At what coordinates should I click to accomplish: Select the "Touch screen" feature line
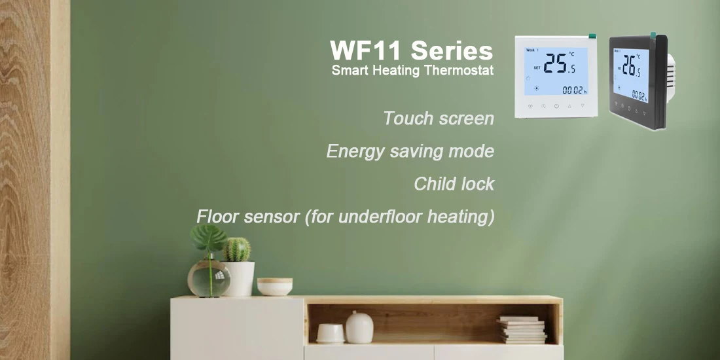point(439,118)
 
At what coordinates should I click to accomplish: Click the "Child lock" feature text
point(454,184)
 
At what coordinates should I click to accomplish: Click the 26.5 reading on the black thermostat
point(632,66)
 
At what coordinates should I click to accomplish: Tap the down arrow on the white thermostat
point(583,105)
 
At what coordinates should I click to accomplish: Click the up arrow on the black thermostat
point(636,110)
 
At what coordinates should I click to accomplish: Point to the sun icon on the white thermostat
point(535,88)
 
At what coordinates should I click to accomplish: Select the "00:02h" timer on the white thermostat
point(575,90)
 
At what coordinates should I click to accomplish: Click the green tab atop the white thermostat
point(592,35)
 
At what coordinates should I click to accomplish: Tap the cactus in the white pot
point(237,249)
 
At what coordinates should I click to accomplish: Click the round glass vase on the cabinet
point(209,278)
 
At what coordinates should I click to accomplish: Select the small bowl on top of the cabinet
point(275,287)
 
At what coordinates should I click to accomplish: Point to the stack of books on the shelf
point(522,330)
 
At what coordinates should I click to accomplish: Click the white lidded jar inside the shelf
point(359,327)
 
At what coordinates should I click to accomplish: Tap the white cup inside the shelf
point(330,333)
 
